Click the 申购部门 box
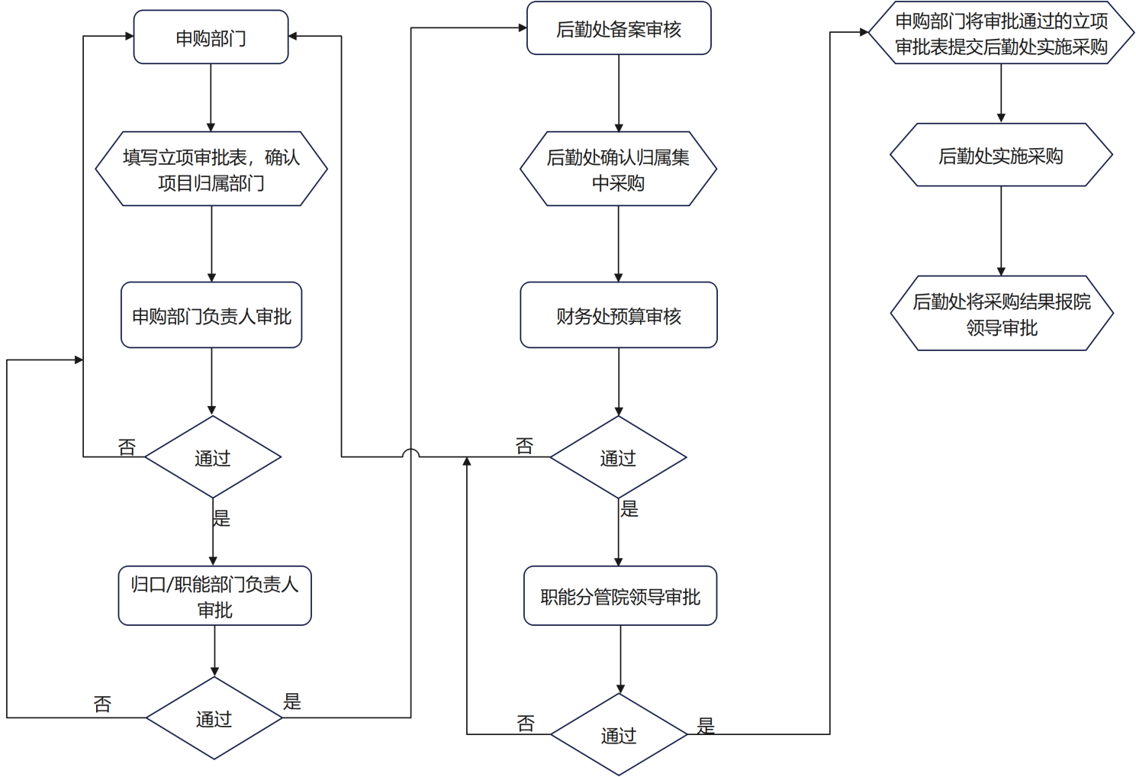click(211, 37)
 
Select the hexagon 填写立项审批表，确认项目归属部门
click(211, 169)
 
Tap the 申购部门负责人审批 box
click(211, 315)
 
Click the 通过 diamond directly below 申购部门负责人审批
click(213, 457)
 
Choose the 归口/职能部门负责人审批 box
click(214, 596)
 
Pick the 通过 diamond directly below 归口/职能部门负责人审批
click(214, 718)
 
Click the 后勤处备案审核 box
click(619, 29)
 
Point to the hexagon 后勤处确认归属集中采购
click(618, 169)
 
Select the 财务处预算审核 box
click(619, 315)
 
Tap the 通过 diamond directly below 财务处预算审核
click(618, 457)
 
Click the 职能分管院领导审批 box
click(619, 596)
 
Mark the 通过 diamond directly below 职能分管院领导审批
click(619, 735)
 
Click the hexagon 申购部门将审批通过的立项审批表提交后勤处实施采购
click(1001, 34)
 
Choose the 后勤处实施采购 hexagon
click(1001, 156)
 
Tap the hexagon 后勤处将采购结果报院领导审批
click(1002, 314)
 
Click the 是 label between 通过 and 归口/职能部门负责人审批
click(221, 518)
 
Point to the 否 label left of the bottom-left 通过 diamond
click(103, 704)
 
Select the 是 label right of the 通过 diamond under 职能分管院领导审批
click(706, 725)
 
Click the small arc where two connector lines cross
click(411, 453)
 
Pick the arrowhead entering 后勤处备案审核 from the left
click(523, 28)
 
